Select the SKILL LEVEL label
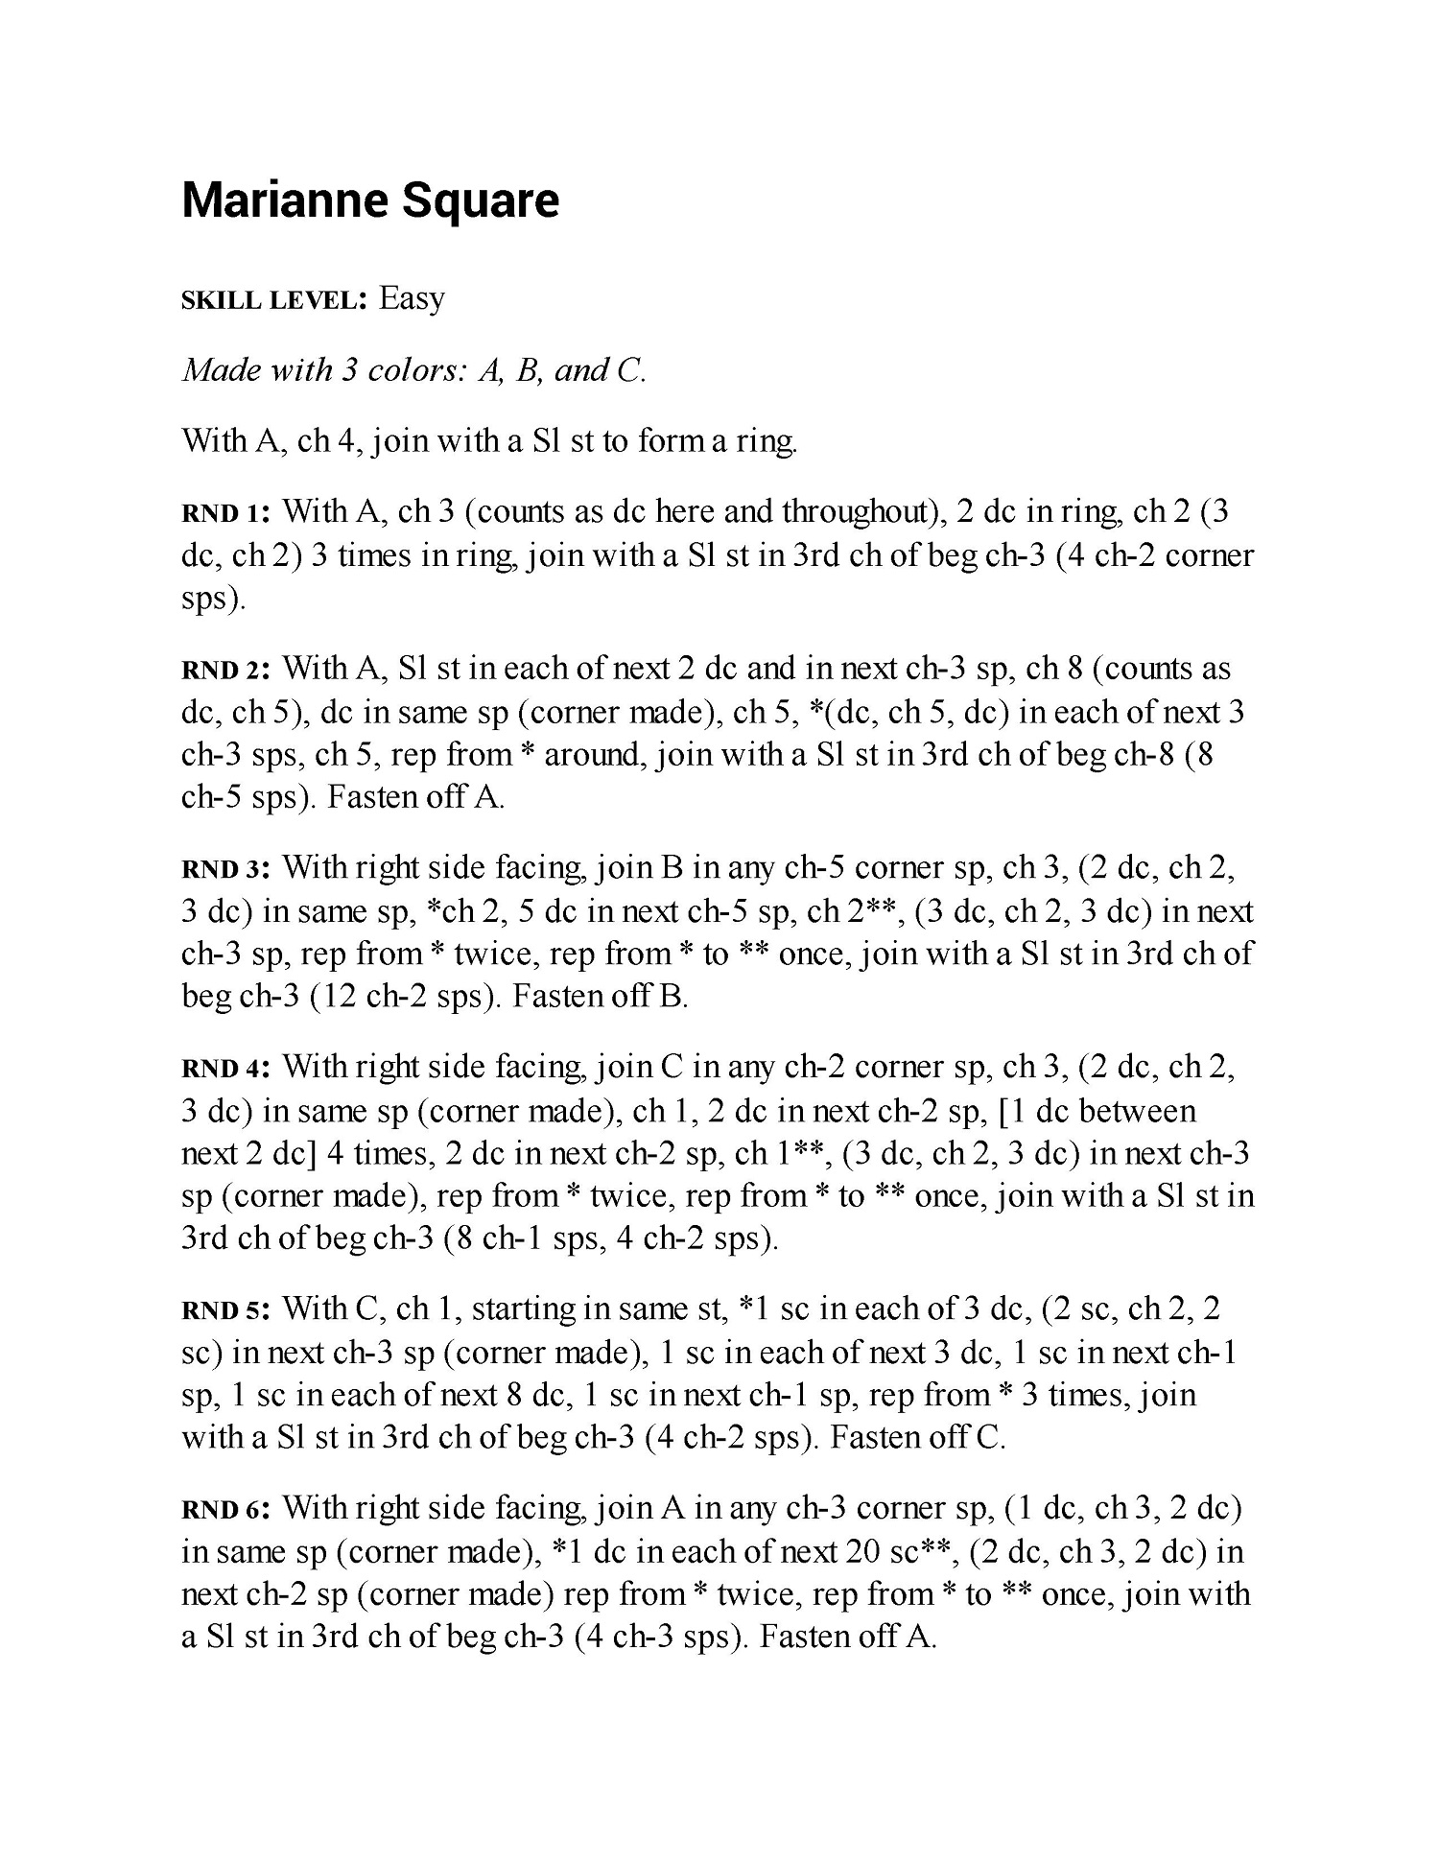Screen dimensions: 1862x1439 point(275,300)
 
